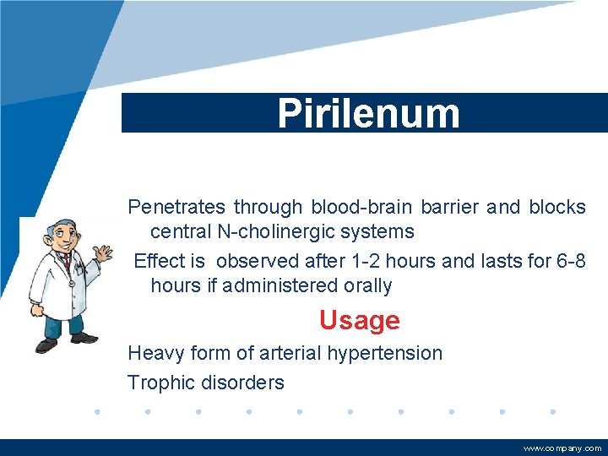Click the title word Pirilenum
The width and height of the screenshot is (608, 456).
point(369,114)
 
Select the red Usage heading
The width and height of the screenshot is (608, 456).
point(359,321)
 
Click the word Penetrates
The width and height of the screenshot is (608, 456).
point(177,207)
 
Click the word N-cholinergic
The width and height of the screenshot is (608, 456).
point(283,231)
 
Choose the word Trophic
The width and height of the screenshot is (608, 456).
point(161,383)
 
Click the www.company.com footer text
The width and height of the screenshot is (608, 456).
point(562,448)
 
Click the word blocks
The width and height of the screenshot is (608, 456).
point(557,207)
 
